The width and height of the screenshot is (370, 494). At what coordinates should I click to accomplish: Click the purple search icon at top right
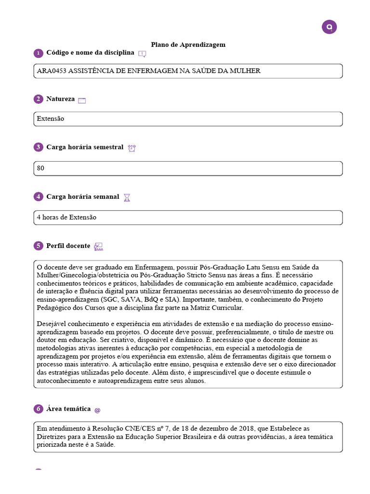tap(329, 27)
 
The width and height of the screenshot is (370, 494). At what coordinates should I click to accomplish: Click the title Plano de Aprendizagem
tap(188, 44)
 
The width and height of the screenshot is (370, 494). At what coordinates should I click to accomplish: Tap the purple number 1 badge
tap(38, 53)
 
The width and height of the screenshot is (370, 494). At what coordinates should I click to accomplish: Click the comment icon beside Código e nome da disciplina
tap(142, 54)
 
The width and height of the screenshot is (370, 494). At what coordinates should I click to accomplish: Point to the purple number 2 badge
tap(38, 99)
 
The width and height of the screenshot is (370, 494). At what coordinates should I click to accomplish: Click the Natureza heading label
tap(60, 99)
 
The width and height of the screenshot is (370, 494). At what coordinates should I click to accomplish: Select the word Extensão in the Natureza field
tap(50, 119)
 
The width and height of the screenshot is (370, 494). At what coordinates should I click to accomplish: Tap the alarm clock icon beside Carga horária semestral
tap(132, 148)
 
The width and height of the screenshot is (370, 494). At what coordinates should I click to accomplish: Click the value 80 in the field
tap(40, 168)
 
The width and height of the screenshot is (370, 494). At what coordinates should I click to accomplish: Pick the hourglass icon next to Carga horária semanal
tap(127, 197)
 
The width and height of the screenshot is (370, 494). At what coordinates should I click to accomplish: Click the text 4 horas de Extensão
tap(66, 218)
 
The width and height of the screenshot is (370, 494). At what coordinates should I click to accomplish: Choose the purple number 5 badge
tap(38, 246)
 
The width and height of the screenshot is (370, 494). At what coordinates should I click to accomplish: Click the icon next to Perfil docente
tap(98, 247)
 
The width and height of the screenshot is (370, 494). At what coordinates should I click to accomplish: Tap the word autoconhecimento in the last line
tap(63, 381)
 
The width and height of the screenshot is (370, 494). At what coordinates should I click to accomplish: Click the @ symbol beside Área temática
tap(97, 410)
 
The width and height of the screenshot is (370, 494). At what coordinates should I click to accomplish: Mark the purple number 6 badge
tap(38, 409)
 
